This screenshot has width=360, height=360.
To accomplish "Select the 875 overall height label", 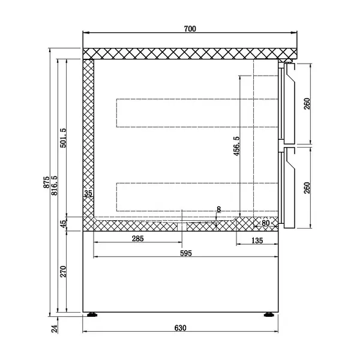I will coord(47,182).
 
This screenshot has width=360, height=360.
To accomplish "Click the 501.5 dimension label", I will coord(64,138).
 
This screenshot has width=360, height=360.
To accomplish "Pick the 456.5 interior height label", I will coord(236,146).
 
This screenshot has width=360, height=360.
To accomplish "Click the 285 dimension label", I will coord(137,239).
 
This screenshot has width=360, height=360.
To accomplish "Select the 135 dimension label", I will coord(257,240).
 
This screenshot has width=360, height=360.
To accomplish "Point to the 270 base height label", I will coord(64,271).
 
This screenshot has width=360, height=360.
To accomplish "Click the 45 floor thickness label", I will coord(64,224).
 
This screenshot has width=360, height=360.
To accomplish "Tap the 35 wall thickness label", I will coord(88,193).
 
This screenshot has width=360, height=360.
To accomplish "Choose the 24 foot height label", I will coord(54,328).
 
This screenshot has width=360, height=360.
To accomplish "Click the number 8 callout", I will coord(218,209).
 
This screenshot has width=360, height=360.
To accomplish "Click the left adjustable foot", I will coord(92,314).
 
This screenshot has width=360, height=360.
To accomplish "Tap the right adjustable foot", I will coord(268,314).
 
